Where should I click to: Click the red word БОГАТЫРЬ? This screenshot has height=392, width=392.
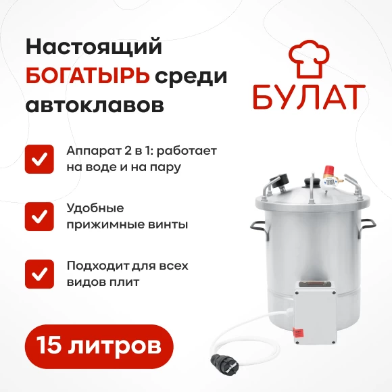pyautogui.click(x=87, y=76)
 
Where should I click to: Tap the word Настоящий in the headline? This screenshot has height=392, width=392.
pyautogui.click(x=94, y=47)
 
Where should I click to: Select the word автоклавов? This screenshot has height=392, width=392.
pyautogui.click(x=95, y=105)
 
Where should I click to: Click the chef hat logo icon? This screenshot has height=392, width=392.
pyautogui.click(x=309, y=59)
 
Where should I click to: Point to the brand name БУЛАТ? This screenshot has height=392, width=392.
pyautogui.click(x=309, y=97)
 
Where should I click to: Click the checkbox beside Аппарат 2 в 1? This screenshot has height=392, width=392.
pyautogui.click(x=39, y=160)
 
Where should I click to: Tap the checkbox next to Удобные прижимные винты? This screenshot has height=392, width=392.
pyautogui.click(x=39, y=216)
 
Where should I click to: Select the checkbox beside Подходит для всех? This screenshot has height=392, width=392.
pyautogui.click(x=39, y=274)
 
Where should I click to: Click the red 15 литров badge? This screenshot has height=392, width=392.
pyautogui.click(x=99, y=347)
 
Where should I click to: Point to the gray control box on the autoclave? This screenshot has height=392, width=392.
pyautogui.click(x=314, y=312)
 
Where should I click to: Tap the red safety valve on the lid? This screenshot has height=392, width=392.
pyautogui.click(x=328, y=171)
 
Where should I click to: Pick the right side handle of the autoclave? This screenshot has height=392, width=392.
pyautogui.click(x=367, y=227)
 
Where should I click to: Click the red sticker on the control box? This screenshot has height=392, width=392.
pyautogui.click(x=297, y=333)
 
